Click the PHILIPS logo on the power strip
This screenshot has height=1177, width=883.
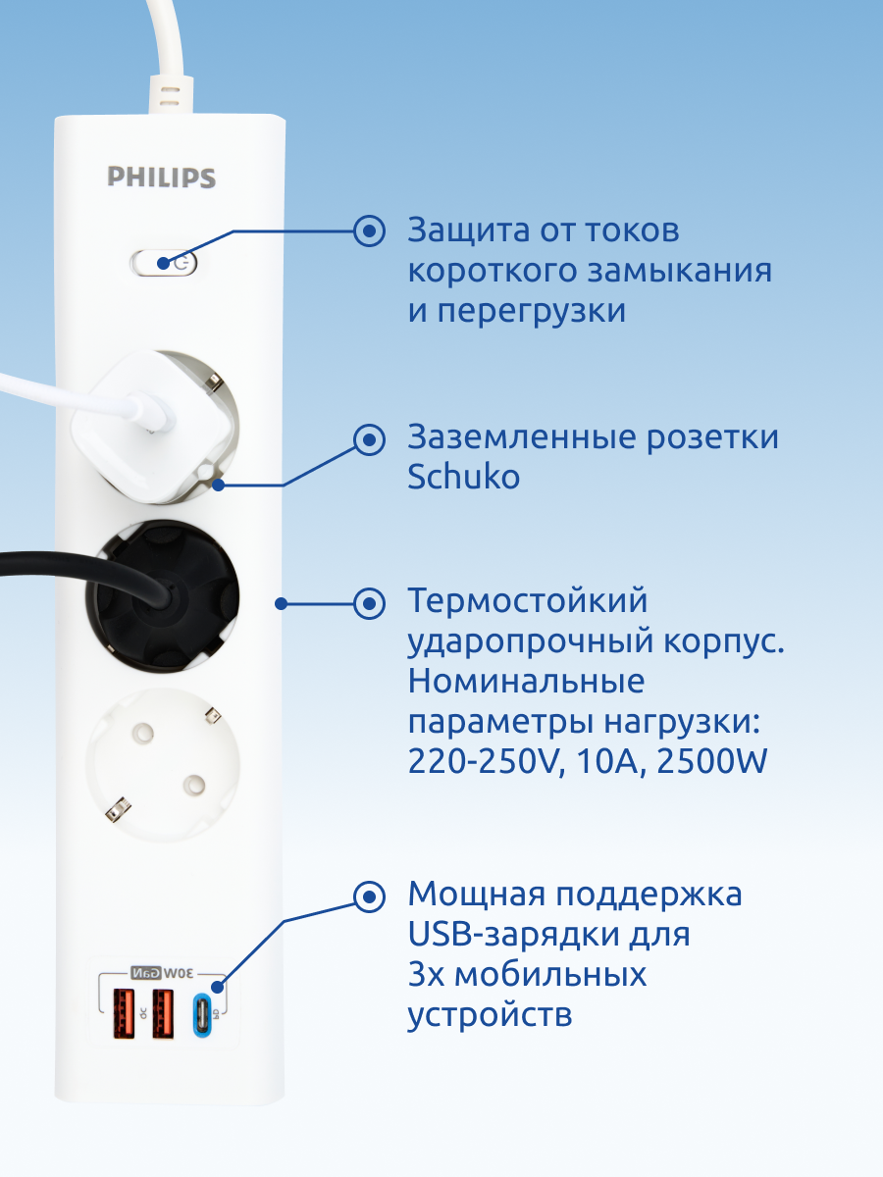coord(161,178)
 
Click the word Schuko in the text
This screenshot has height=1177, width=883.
coord(463,478)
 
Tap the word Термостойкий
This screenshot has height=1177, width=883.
coord(528,600)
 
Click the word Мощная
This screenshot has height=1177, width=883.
coord(474,895)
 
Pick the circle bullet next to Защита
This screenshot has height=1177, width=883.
coord(370,231)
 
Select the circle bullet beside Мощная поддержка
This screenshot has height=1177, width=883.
coord(370,896)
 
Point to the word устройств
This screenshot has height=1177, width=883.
coord(490,1015)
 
